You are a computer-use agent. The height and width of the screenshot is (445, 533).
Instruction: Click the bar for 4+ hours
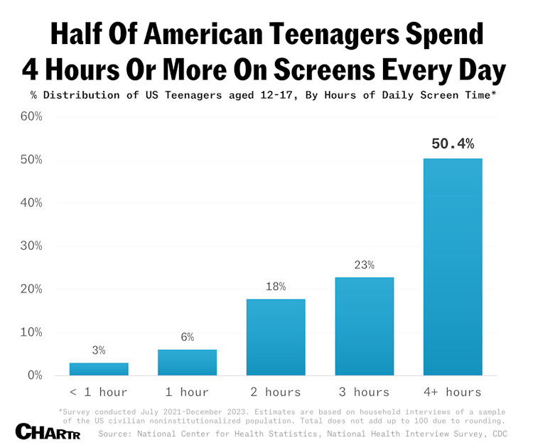(x=453, y=266)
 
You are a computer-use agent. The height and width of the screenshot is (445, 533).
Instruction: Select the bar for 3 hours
(x=364, y=326)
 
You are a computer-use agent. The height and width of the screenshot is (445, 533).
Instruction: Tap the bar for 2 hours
(x=276, y=336)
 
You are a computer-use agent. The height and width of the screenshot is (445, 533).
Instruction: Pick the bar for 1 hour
(x=187, y=362)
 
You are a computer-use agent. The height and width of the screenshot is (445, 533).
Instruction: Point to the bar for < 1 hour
(x=99, y=368)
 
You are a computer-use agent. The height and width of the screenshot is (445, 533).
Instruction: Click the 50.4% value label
(x=453, y=144)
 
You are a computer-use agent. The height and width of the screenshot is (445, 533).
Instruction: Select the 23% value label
(x=364, y=265)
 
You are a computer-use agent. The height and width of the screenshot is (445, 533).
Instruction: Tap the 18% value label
(x=276, y=286)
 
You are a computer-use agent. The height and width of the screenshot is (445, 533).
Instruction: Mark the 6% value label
(x=187, y=337)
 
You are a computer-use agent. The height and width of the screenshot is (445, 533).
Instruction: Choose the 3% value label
(x=99, y=350)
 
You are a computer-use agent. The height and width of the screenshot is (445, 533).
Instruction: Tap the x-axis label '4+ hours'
(x=453, y=392)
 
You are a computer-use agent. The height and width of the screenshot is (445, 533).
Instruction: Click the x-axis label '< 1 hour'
(x=99, y=392)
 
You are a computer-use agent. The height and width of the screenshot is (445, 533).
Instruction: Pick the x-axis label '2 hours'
(x=276, y=392)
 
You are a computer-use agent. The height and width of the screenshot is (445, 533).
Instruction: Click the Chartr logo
(x=44, y=431)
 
